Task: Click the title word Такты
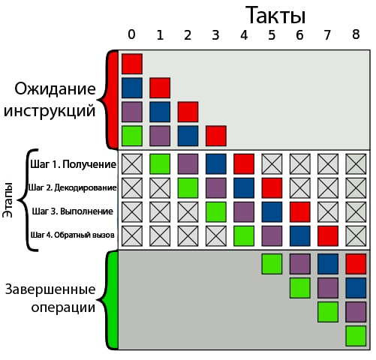click(x=275, y=15)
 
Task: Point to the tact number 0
click(x=131, y=34)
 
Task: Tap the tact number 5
click(x=272, y=35)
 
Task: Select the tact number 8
click(x=356, y=34)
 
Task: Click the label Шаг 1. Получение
click(x=74, y=164)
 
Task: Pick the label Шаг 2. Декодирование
click(x=72, y=187)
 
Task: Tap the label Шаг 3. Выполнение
click(x=73, y=211)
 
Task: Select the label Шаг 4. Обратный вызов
click(x=73, y=235)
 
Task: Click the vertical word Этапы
click(x=8, y=200)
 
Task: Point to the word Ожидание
click(x=55, y=89)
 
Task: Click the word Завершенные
click(x=50, y=289)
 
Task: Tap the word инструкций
click(x=50, y=111)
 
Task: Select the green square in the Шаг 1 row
click(x=160, y=164)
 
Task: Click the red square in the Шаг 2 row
click(x=272, y=188)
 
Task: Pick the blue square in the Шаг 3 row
click(x=272, y=212)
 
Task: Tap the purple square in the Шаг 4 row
click(x=272, y=236)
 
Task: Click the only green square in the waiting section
click(x=132, y=136)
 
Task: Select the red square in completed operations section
click(x=356, y=264)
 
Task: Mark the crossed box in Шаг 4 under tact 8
click(x=356, y=236)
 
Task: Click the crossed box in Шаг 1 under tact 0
click(x=132, y=164)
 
